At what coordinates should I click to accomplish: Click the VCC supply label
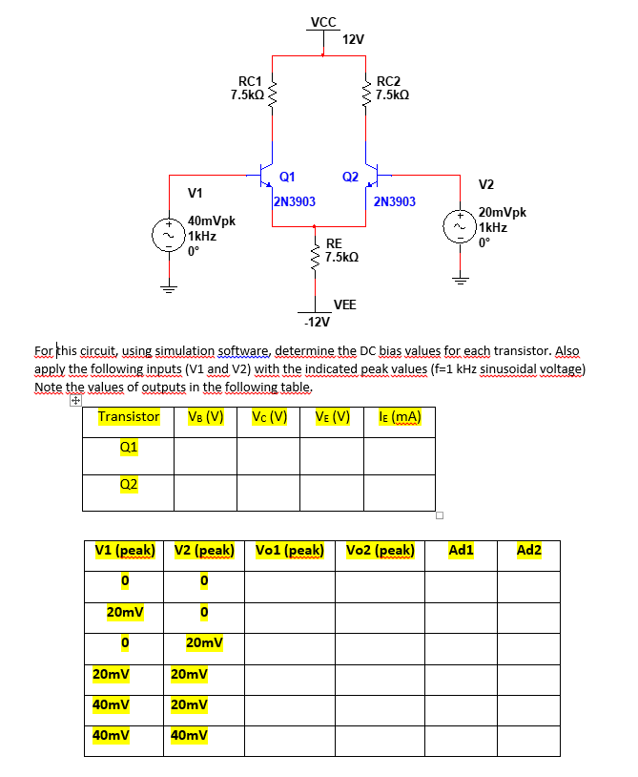323,21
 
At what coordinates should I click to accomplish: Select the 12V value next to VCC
352,39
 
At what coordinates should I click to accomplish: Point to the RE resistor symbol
316,251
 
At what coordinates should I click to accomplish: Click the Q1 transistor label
286,176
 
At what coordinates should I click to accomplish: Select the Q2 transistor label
350,176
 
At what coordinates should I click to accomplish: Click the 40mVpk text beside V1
213,220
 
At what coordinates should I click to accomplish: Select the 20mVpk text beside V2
502,213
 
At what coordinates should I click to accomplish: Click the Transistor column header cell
129,417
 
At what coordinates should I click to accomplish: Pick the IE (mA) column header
400,417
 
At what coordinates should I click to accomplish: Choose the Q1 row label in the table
129,447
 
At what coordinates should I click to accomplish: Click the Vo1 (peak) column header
290,551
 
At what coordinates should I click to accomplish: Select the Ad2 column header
528,551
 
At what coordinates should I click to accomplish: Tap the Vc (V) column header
270,417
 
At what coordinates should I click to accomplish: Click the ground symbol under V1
169,287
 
